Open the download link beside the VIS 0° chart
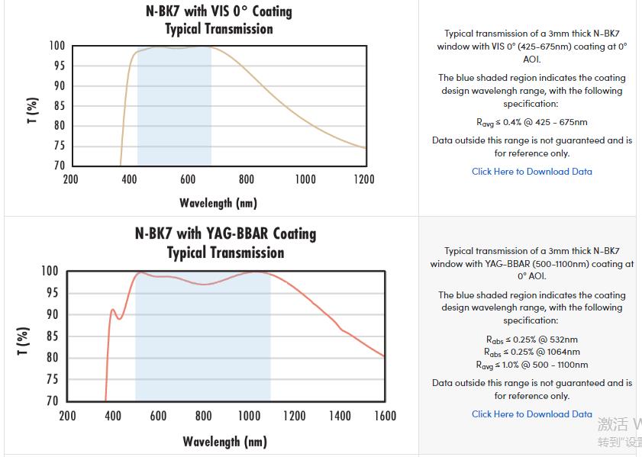tap(531, 172)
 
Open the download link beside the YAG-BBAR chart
tap(531, 414)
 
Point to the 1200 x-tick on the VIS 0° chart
tap(364, 179)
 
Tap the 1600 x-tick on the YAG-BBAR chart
tap(385, 416)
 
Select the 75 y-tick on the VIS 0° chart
tap(58, 146)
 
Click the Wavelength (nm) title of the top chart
tap(218, 203)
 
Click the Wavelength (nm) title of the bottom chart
tap(225, 442)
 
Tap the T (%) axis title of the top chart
tap(32, 111)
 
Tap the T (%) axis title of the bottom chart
tap(23, 341)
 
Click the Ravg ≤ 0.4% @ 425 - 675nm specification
tap(531, 122)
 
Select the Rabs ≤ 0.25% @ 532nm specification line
tap(531, 340)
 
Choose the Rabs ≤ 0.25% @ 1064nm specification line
tap(531, 352)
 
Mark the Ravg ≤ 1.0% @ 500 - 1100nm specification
tap(531, 365)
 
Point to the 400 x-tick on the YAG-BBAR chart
tap(113, 416)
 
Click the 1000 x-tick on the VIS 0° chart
tap(305, 179)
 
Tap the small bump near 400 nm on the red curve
tap(113, 310)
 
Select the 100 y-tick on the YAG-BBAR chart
tap(50, 271)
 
